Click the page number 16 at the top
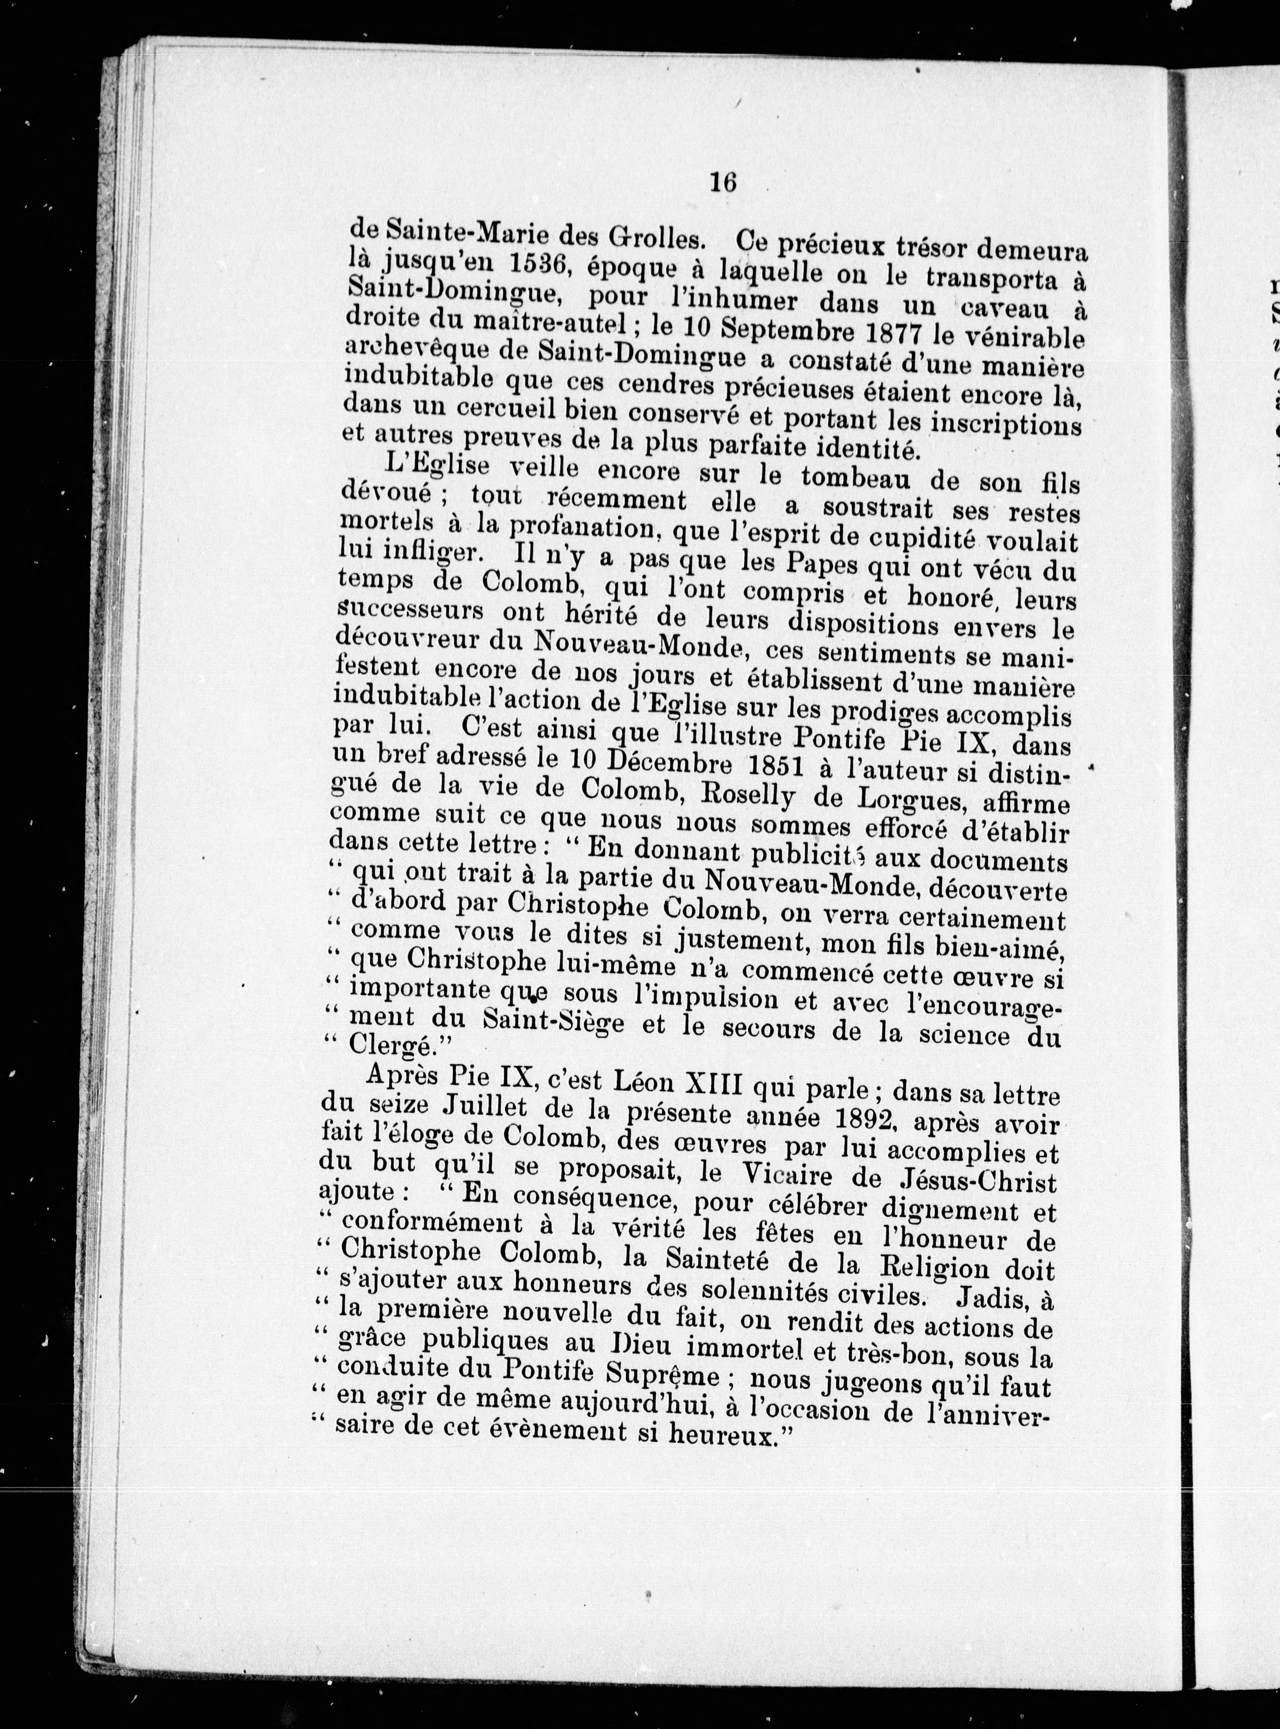722,183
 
